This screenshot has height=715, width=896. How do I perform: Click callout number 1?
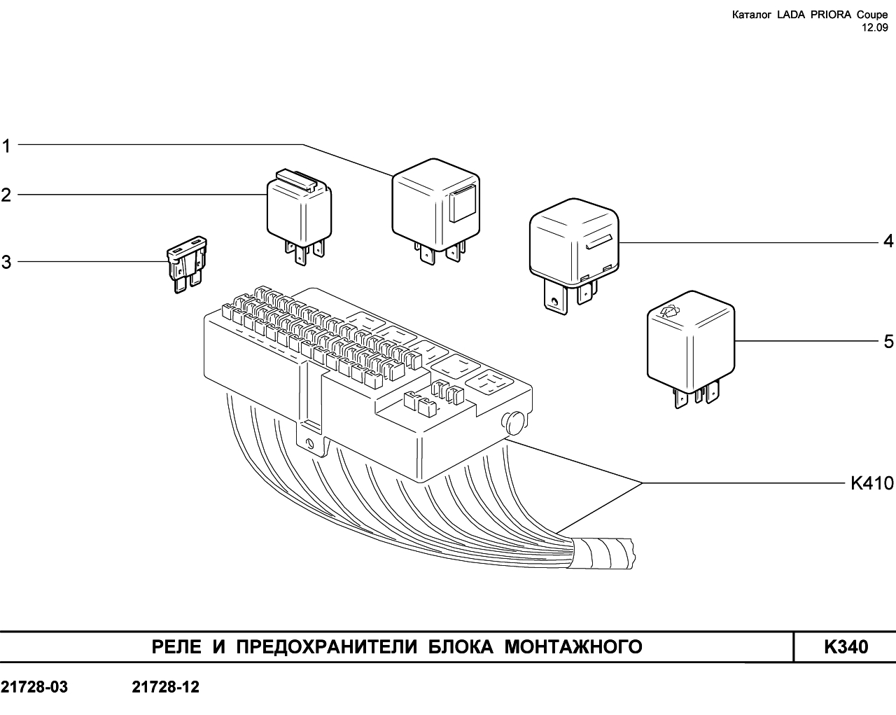[x=6, y=146]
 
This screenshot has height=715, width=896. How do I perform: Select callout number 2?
[x=6, y=195]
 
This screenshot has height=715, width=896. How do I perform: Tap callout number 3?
[x=6, y=262]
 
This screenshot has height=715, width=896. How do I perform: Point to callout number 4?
[x=888, y=241]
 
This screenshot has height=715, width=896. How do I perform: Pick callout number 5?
[x=888, y=341]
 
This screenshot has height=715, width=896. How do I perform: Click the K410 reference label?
[x=872, y=483]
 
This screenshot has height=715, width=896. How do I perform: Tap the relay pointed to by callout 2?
[x=300, y=216]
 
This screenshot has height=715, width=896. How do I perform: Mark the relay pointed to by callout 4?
[x=574, y=255]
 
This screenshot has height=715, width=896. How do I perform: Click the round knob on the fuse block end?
[x=514, y=424]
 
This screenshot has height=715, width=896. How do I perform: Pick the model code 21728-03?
[x=34, y=687]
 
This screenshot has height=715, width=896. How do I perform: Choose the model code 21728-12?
[x=166, y=687]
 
